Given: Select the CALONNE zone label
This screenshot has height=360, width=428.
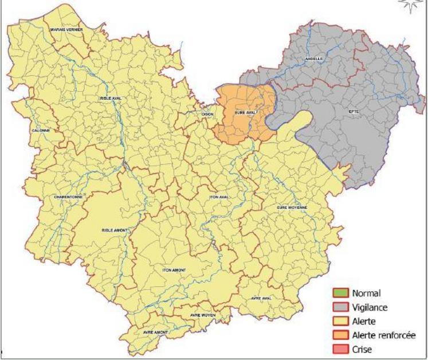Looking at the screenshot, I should [x=41, y=130].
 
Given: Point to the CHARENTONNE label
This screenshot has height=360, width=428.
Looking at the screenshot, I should [x=68, y=197].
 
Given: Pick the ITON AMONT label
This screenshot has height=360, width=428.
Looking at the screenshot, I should [x=174, y=269].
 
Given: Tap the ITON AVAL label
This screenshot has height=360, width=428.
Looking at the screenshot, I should [x=219, y=197].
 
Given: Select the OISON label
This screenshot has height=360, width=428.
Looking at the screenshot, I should [x=207, y=114].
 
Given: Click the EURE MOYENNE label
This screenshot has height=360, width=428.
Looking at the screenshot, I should [x=292, y=207].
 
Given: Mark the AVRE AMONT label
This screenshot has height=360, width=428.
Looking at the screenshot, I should [x=155, y=332].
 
